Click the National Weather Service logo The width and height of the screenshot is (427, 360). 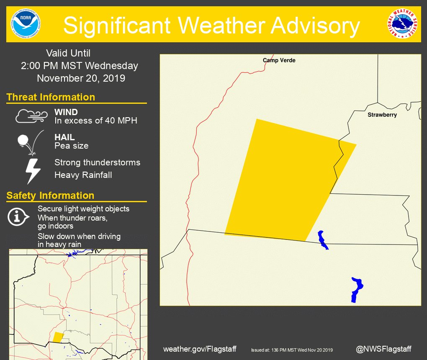[x=402, y=24]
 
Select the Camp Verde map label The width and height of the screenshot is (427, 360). [x=279, y=60]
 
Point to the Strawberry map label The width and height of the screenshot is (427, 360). [x=382, y=115]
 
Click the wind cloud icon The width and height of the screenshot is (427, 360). [x=32, y=116]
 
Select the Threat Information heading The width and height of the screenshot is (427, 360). [x=51, y=97]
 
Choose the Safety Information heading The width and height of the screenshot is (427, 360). [x=50, y=195]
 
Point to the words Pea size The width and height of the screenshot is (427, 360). [x=71, y=146]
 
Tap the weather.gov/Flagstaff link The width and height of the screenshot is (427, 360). [x=200, y=349]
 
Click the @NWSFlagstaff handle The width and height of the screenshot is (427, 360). [x=383, y=349]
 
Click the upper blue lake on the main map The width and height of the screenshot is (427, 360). [x=322, y=239]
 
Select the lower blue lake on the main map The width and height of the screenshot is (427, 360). [x=356, y=289]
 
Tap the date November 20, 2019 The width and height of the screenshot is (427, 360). [x=81, y=78]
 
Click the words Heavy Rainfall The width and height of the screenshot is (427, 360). [x=83, y=175]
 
